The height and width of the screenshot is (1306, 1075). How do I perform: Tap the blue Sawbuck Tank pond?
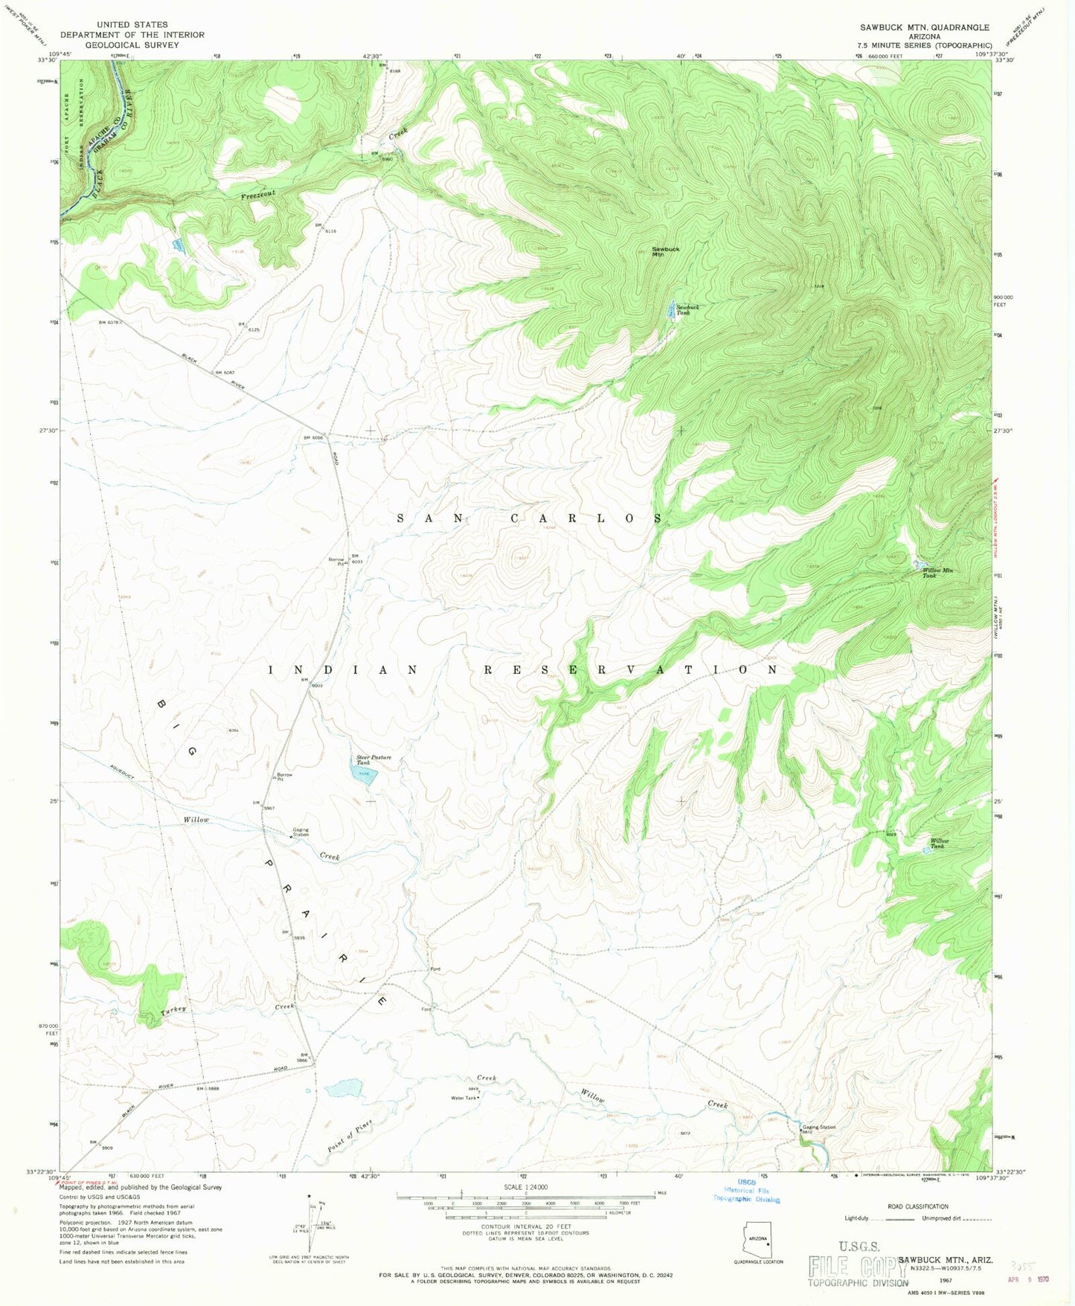pos(671,308)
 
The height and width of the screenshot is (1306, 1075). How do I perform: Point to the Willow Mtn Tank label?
pos(937,573)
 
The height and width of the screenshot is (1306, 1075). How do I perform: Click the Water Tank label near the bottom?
pos(462,1097)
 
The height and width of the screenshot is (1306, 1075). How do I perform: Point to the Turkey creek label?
pos(173,1011)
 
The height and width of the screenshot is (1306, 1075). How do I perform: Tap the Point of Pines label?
pos(349,1136)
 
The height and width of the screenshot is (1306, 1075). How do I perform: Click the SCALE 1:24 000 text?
pos(524,1187)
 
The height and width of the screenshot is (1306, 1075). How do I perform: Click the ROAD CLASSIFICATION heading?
pos(918,1206)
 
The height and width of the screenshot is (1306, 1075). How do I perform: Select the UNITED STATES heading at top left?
pos(132,25)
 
